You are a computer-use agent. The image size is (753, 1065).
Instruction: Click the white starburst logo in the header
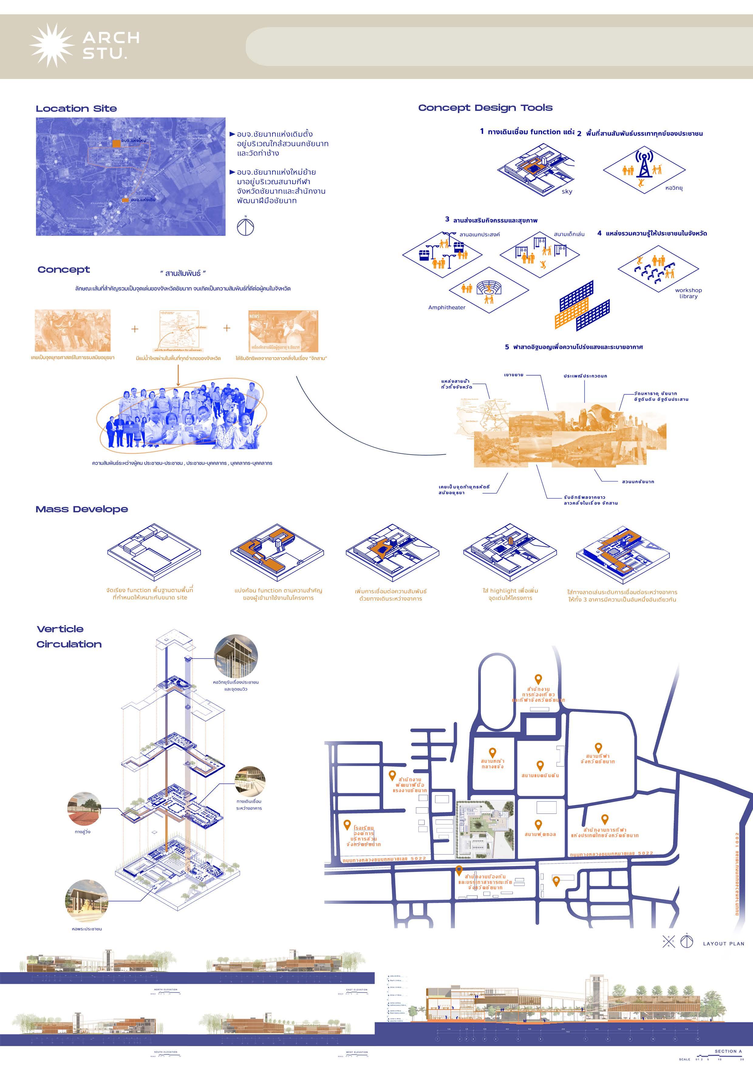click(52, 45)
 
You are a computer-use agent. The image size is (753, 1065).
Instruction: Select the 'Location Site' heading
click(77, 108)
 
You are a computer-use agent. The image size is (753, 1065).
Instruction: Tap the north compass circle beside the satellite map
click(245, 227)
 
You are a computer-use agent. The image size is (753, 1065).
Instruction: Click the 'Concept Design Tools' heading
click(485, 108)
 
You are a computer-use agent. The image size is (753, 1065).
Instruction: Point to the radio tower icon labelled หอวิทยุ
click(643, 164)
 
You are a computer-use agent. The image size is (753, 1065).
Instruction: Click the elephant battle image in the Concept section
click(73, 331)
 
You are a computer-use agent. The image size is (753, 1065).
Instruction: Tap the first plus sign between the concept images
click(135, 329)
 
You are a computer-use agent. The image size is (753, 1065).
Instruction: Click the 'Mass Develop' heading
click(82, 509)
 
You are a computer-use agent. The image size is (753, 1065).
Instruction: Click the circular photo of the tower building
click(236, 656)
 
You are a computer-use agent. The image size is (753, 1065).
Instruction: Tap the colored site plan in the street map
click(485, 829)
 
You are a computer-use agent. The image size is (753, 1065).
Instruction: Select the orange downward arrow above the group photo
click(178, 375)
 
